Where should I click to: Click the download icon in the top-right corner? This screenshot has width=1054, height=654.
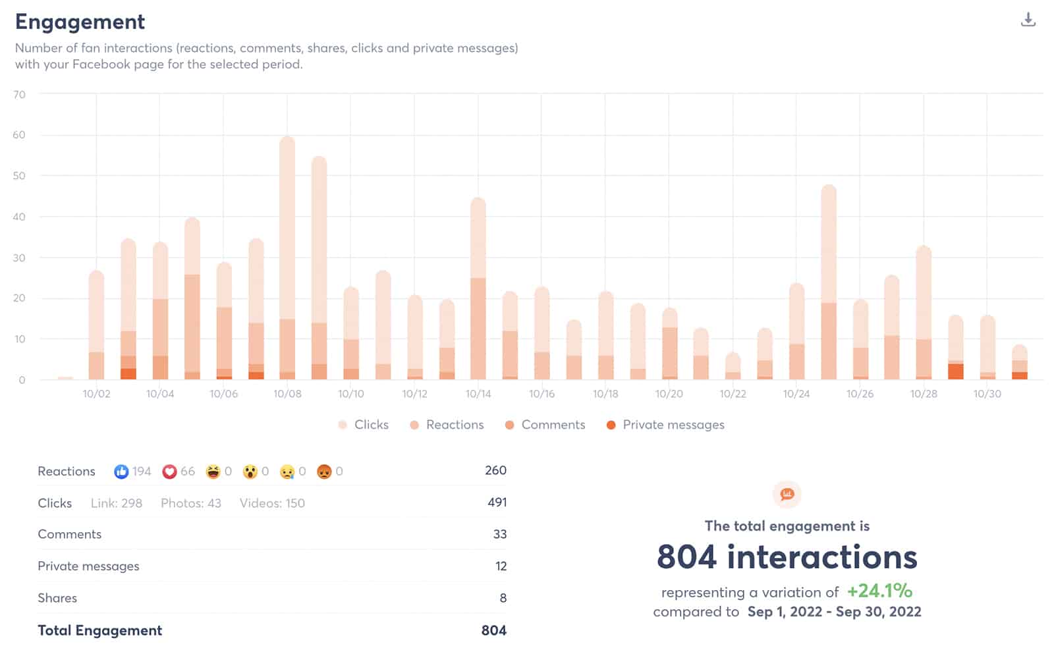[1028, 20]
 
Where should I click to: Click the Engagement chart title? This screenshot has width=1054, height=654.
[80, 22]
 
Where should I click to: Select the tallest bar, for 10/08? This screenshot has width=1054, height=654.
[287, 257]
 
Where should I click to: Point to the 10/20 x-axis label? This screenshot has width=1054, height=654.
[669, 394]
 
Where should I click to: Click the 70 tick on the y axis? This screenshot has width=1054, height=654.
[19, 94]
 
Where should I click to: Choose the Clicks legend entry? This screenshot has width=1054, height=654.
[364, 425]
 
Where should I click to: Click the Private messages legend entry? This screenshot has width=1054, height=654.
[665, 425]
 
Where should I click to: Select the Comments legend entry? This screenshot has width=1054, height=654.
[545, 425]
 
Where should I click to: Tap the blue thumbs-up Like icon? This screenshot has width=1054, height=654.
[121, 472]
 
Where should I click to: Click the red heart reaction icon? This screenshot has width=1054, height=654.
[169, 472]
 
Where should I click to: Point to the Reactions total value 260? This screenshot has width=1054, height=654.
[495, 470]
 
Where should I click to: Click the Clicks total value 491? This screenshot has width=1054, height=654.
[497, 503]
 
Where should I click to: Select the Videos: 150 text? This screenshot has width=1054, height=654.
[272, 503]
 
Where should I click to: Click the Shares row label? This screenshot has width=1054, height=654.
[57, 598]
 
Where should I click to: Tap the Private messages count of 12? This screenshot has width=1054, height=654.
[501, 566]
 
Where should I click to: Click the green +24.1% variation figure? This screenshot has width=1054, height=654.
[879, 590]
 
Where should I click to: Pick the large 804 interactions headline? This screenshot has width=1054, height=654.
[787, 557]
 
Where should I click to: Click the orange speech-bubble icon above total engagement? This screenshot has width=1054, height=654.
[787, 495]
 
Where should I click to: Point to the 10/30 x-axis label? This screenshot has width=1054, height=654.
[987, 394]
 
